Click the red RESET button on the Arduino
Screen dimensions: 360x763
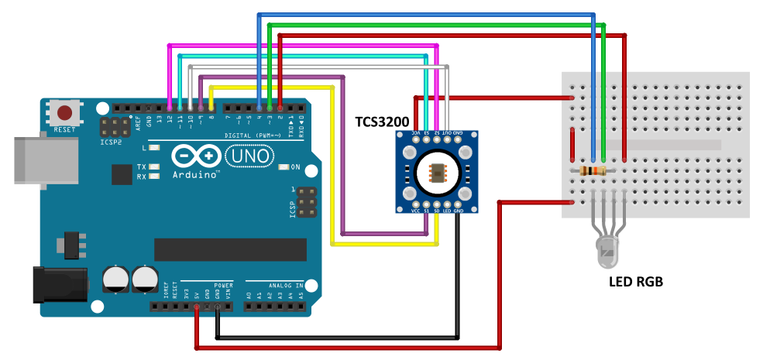64,114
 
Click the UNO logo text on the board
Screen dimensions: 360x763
249,156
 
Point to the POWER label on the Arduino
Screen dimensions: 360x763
223,284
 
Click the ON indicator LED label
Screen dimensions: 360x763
295,166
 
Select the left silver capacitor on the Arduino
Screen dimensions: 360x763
115,279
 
